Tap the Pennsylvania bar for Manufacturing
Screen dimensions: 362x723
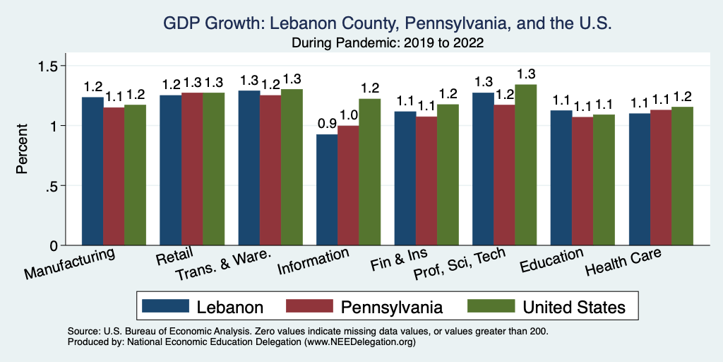click(114, 176)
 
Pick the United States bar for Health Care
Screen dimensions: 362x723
click(682, 176)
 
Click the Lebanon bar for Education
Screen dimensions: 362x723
click(561, 177)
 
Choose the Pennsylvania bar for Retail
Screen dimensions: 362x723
click(192, 169)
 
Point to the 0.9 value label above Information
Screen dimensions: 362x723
click(327, 123)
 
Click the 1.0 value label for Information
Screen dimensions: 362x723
click(348, 115)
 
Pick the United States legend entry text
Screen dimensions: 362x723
click(573, 307)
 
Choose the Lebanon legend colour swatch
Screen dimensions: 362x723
click(165, 306)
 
